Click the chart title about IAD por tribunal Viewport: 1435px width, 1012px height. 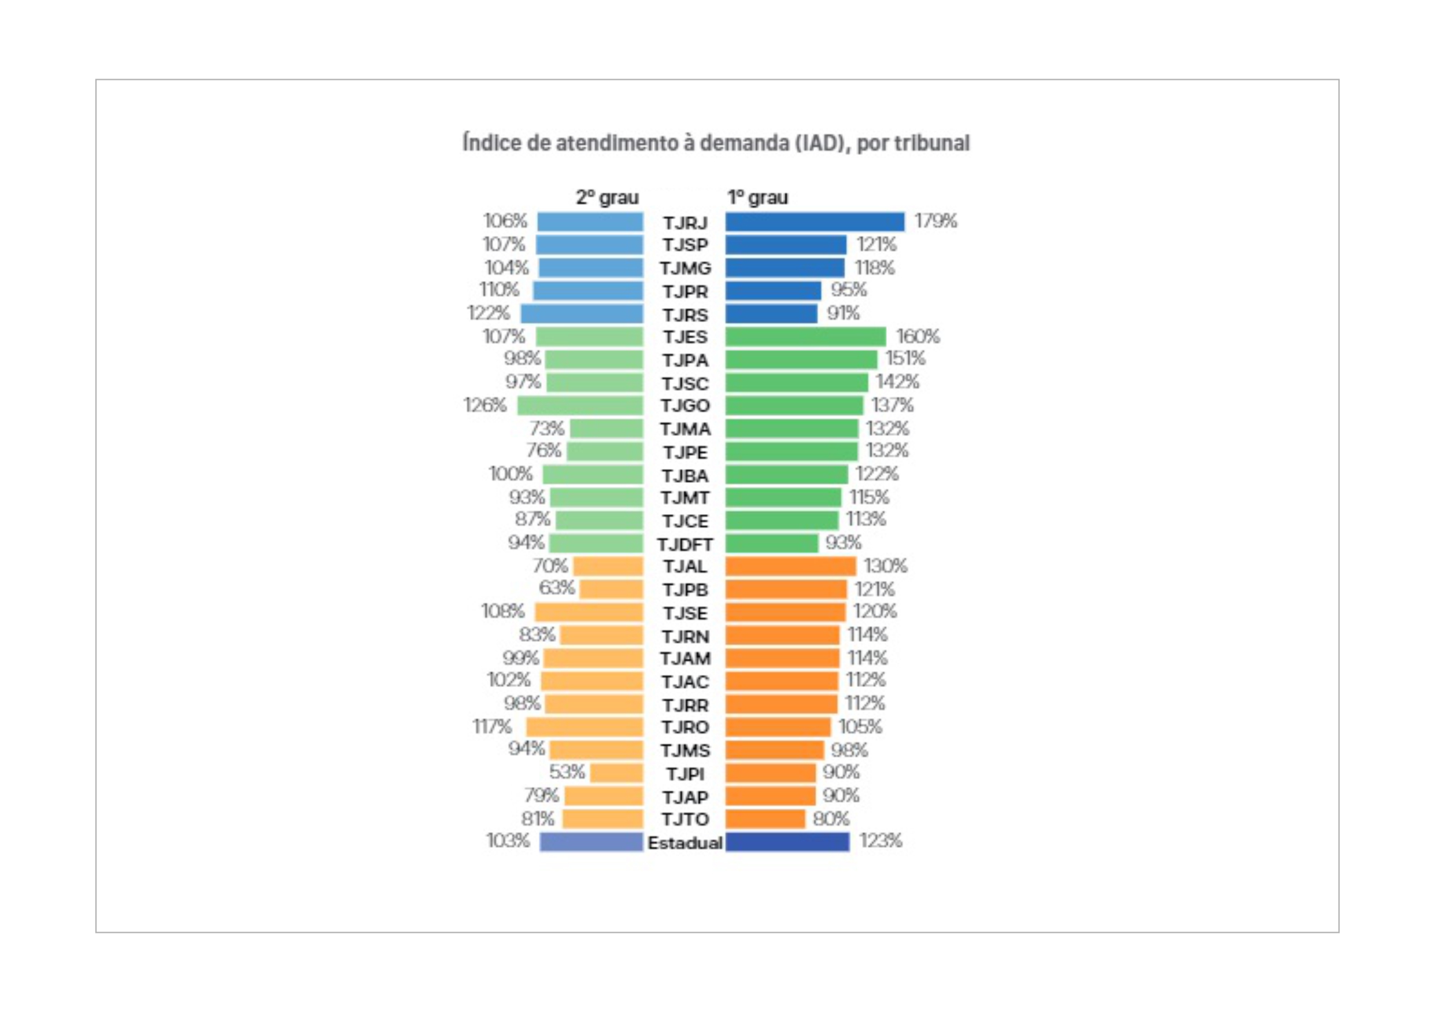716,143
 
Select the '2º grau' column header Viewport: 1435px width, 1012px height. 607,198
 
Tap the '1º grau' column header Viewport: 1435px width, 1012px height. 757,198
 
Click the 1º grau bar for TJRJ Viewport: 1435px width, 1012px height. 815,222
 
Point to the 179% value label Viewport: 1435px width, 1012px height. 935,221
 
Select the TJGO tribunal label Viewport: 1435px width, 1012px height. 685,406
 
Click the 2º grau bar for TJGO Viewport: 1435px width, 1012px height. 580,406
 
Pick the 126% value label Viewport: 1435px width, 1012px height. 485,405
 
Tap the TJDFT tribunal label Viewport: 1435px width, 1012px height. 685,544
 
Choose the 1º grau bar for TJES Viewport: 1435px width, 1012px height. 805,337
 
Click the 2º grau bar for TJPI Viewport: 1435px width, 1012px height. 616,773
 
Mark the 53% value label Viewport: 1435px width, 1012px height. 567,772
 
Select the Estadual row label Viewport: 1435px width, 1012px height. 685,843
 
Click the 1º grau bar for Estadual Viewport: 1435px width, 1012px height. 787,842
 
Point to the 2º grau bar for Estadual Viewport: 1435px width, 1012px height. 591,842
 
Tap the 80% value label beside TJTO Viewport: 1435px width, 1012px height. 831,819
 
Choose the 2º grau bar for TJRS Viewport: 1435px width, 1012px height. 582,314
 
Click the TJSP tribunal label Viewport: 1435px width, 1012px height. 685,245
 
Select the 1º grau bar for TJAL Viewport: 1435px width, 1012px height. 790,566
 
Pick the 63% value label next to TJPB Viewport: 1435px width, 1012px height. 556,588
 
